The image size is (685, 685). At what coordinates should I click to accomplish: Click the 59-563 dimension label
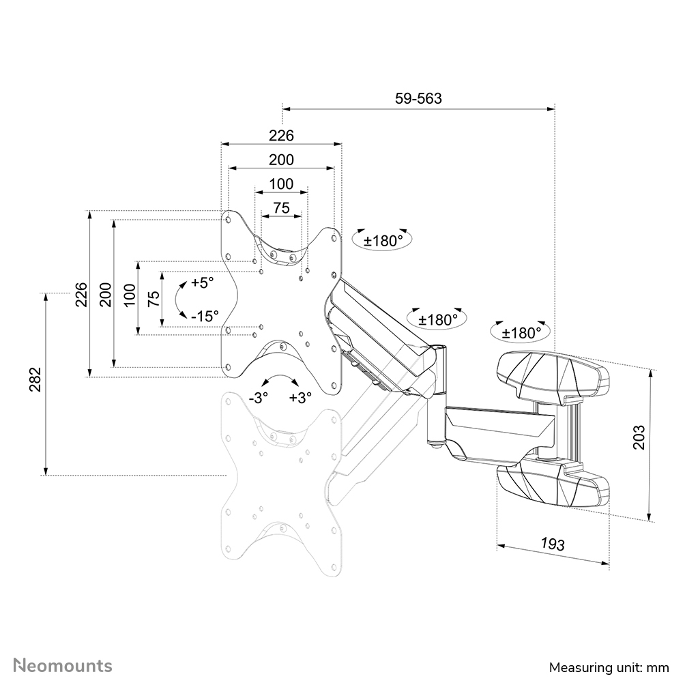[x=418, y=98]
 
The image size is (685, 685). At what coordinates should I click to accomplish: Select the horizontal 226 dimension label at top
[x=280, y=136]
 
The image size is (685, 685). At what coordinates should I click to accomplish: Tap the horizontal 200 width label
[x=280, y=160]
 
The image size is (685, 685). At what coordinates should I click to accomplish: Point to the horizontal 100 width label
[x=280, y=184]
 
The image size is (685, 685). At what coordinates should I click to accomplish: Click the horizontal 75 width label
[x=280, y=208]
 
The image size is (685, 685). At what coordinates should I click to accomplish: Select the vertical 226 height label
[x=81, y=294]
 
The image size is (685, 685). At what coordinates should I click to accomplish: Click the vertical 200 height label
[x=105, y=294]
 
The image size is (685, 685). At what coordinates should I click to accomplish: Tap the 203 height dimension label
[x=639, y=437]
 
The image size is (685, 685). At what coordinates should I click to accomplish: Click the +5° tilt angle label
[x=203, y=282]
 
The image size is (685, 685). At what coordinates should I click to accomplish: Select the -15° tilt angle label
[x=205, y=316]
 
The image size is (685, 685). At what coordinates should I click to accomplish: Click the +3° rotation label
[x=300, y=398]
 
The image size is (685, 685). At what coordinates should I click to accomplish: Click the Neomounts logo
[x=63, y=665]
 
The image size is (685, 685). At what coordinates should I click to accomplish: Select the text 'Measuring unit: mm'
[x=609, y=667]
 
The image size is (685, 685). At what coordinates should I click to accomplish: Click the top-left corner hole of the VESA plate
[x=229, y=220]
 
